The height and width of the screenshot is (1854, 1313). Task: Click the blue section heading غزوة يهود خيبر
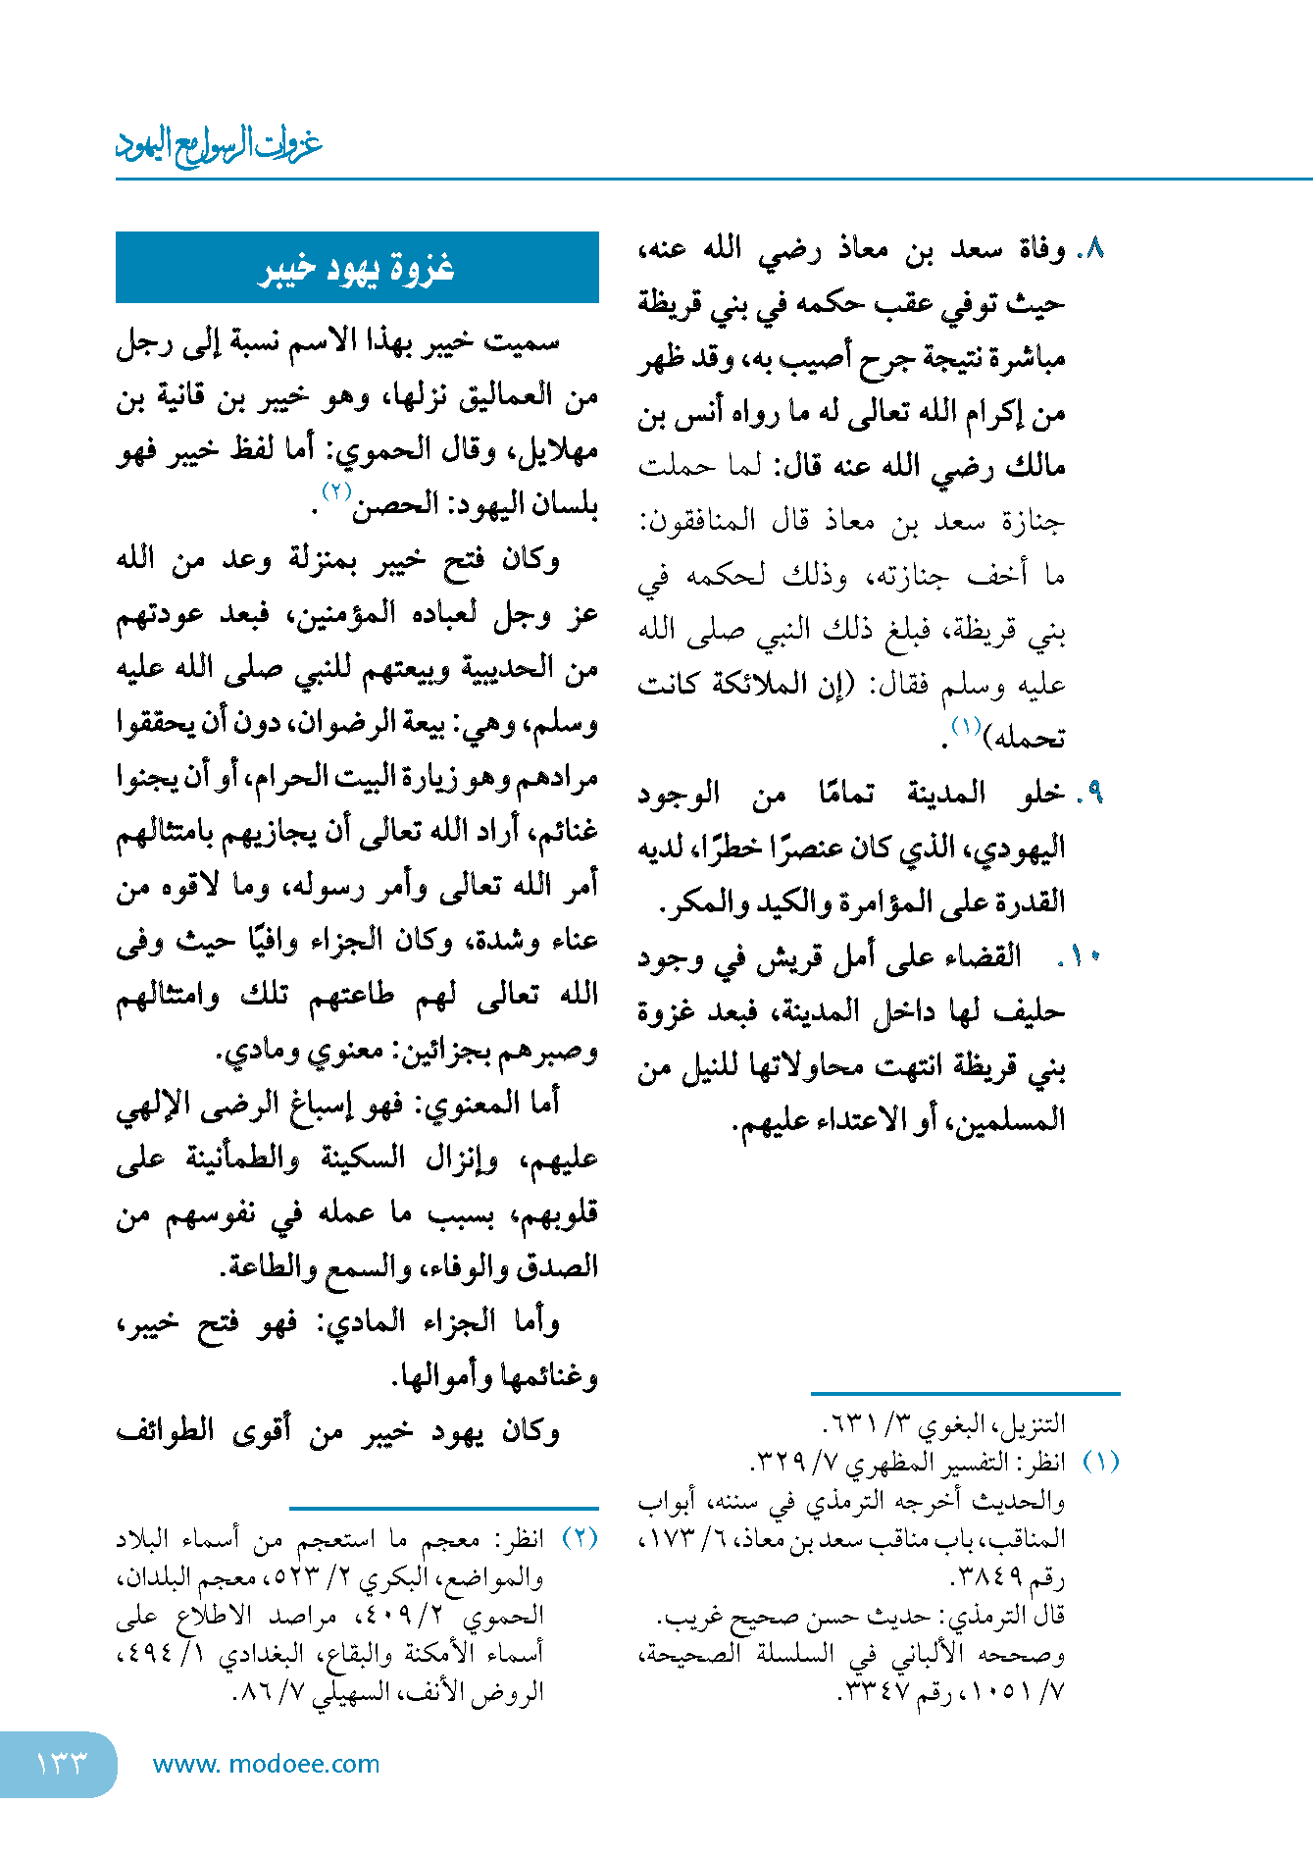point(357,268)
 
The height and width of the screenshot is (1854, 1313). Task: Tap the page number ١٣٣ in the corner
point(61,1764)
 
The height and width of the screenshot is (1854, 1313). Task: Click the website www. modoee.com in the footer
point(266,1764)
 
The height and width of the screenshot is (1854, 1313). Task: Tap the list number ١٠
point(1086,956)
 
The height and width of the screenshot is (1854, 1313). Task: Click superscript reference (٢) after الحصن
point(336,491)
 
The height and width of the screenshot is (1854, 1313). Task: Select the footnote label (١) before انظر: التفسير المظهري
point(1100,1462)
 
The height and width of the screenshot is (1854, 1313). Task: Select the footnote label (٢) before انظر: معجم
point(580,1537)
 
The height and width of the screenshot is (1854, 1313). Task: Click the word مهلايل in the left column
point(561,451)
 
